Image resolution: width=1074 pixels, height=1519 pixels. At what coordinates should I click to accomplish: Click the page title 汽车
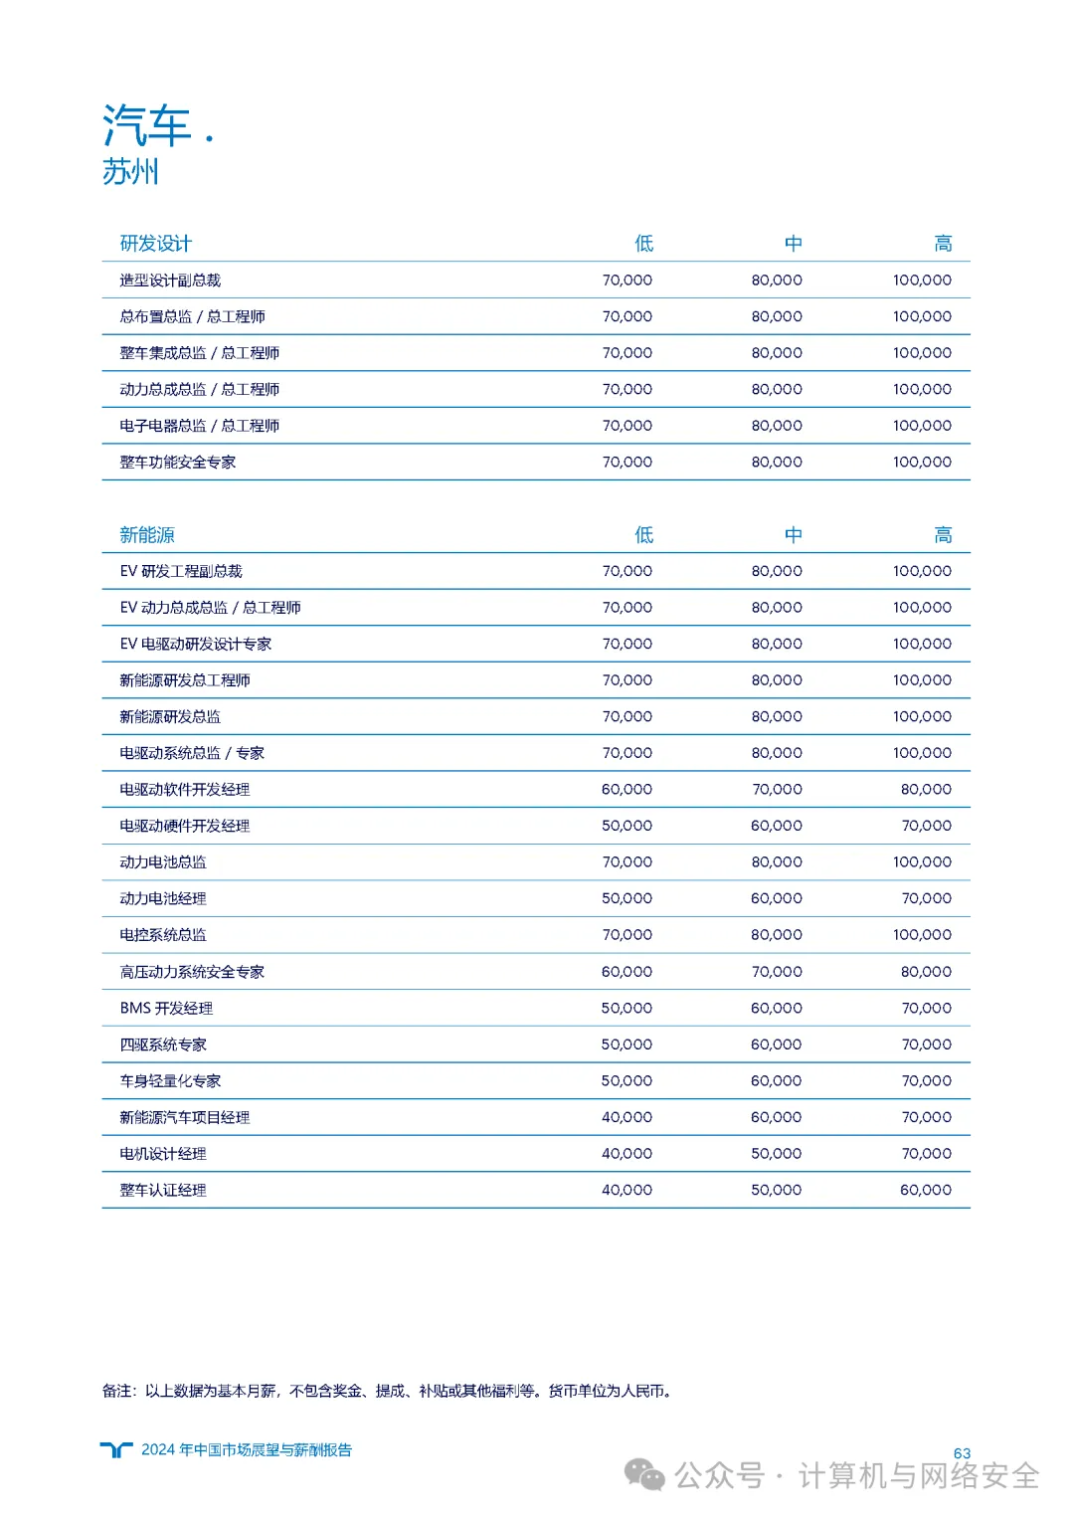[147, 126]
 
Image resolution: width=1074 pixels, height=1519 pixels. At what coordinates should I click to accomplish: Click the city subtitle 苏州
[130, 171]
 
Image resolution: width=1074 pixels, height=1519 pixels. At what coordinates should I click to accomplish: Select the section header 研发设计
[155, 244]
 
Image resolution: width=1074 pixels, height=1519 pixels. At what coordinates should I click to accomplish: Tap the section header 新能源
[147, 535]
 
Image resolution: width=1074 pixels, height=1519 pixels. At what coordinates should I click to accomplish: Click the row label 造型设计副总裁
[170, 281]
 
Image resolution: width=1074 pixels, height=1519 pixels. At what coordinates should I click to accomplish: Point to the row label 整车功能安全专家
[178, 463]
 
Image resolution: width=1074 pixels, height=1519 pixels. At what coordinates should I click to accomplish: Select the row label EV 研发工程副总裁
[181, 572]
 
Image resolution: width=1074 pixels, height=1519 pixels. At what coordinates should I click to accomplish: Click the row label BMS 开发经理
[166, 1009]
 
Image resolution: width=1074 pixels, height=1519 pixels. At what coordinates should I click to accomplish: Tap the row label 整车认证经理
[163, 1191]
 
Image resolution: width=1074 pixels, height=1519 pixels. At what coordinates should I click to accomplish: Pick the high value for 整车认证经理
[926, 1191]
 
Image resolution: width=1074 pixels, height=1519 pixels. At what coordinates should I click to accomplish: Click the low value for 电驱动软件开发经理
[626, 790]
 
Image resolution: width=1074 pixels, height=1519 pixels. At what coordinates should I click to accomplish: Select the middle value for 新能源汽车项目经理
[777, 1118]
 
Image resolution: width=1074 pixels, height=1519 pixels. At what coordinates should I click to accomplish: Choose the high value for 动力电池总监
[922, 862]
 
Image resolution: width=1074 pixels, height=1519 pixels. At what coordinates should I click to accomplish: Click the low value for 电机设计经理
[626, 1154]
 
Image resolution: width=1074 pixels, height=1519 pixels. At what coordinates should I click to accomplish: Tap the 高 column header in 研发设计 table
[943, 244]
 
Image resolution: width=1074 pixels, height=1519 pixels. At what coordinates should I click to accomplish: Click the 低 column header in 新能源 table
[644, 535]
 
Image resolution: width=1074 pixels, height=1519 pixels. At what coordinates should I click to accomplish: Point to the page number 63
[962, 1453]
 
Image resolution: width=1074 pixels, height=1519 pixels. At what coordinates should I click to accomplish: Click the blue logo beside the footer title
[116, 1450]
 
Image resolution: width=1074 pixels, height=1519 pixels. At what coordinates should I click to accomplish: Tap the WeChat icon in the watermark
[644, 1475]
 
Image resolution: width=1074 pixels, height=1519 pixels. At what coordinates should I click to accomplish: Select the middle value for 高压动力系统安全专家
[777, 972]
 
